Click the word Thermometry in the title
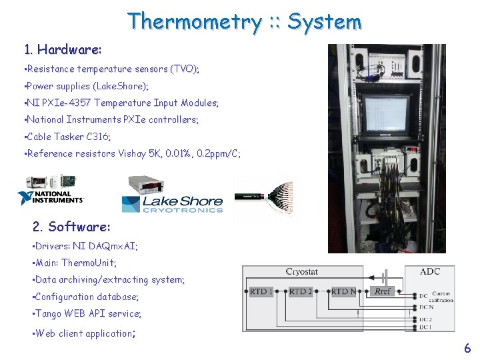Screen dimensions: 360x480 194,21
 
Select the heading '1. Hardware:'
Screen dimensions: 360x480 63,49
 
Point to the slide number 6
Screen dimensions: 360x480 467,347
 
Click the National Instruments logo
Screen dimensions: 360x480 51,198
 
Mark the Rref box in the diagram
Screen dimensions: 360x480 383,291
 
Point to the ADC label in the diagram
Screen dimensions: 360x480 429,271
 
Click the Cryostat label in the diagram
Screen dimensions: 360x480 302,271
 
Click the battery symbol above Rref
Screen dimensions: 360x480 383,275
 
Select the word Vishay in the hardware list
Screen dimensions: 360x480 153,153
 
